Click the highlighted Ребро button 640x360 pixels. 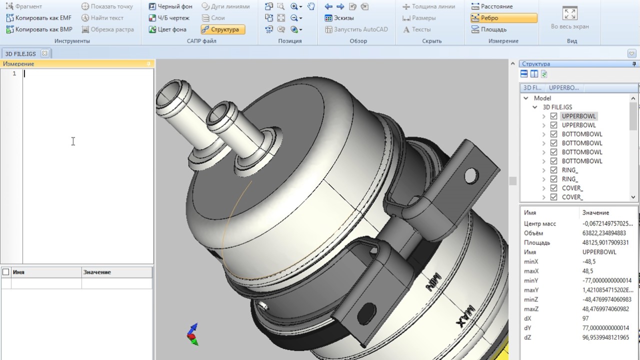point(503,18)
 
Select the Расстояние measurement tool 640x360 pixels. point(492,6)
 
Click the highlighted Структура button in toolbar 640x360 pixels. point(223,29)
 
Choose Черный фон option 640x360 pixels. point(170,6)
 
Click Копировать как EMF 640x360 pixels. point(39,17)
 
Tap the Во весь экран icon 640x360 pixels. point(569,13)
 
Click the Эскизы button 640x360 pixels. point(339,18)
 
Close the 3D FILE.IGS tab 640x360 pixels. point(44,53)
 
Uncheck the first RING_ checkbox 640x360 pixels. point(553,170)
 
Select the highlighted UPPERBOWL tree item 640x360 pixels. point(578,116)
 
